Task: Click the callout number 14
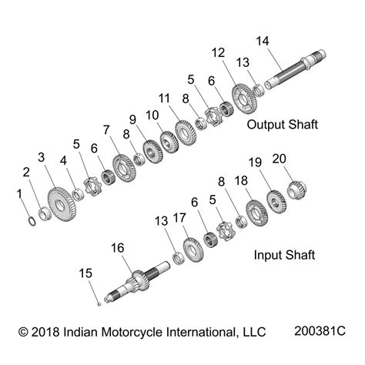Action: pos(263,41)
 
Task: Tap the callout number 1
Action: pos(19,194)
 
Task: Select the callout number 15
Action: pos(85,273)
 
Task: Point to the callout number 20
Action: pos(279,159)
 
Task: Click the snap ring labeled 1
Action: pos(32,221)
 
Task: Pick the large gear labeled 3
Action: pos(62,204)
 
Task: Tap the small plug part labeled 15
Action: pos(99,304)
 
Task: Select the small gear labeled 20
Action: pos(297,189)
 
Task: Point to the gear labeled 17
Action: pos(193,249)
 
